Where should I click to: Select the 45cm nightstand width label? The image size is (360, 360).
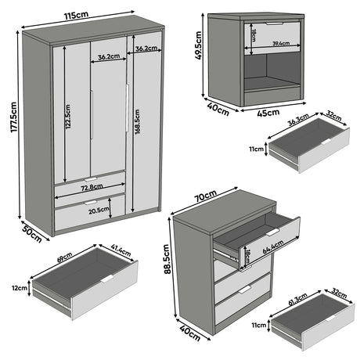pyautogui.click(x=268, y=113)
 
